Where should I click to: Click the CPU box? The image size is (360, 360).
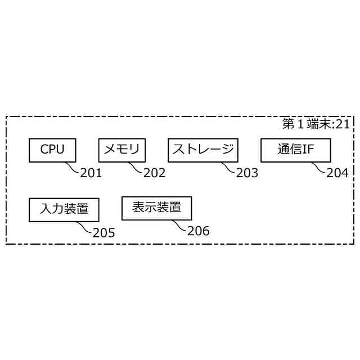tap(52, 150)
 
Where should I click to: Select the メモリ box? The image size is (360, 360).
tap(122, 150)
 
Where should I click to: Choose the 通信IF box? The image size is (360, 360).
tap(295, 150)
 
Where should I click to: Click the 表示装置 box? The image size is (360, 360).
tap(156, 208)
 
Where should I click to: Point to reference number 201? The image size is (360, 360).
tap(91, 173)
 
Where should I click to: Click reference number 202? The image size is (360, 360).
tap(154, 173)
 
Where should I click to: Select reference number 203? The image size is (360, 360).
tap(247, 173)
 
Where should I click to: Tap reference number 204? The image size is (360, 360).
tap(337, 173)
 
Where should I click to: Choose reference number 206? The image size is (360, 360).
tap(198, 231)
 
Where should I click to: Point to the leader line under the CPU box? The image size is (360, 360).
tap(72, 167)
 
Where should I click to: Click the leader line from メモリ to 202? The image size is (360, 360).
tap(136, 167)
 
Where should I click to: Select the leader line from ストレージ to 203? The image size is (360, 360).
tap(228, 167)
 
